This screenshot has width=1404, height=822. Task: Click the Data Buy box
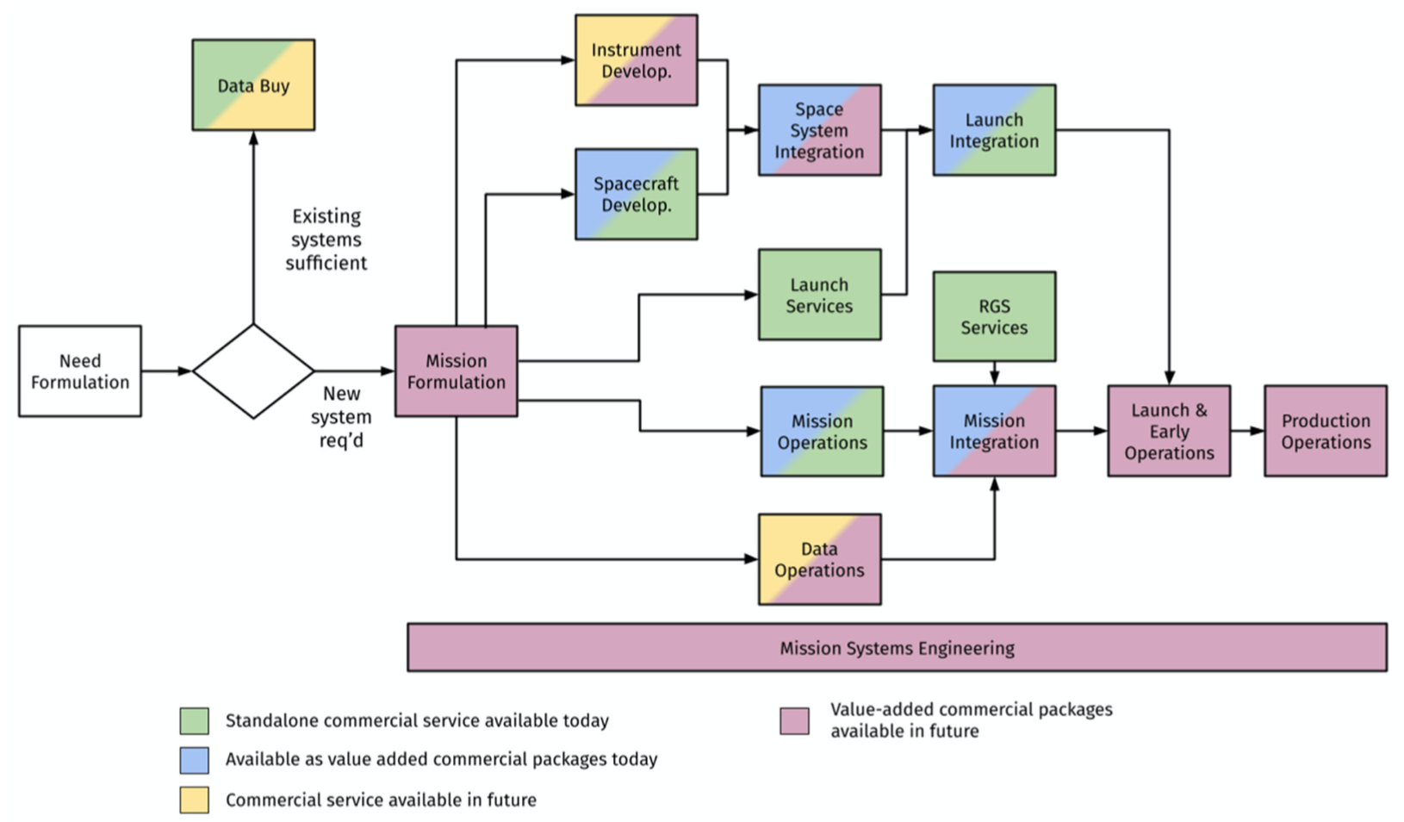click(x=253, y=85)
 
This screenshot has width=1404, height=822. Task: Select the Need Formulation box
click(x=80, y=371)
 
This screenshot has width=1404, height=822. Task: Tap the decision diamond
click(x=253, y=371)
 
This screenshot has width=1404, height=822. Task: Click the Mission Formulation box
click(x=457, y=371)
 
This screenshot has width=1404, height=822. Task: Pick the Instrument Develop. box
click(x=637, y=60)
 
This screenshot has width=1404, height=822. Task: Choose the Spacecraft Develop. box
click(x=637, y=195)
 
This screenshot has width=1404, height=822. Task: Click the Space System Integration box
click(x=819, y=130)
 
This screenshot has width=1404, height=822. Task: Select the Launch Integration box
click(x=994, y=130)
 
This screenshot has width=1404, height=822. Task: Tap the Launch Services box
click(x=819, y=295)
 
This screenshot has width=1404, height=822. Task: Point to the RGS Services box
click(x=994, y=316)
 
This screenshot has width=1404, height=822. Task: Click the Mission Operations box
click(x=823, y=432)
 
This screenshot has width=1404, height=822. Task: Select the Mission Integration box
click(x=994, y=432)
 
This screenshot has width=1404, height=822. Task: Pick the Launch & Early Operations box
click(x=1169, y=432)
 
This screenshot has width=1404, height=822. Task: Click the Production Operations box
click(x=1326, y=432)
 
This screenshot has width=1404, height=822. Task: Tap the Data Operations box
click(x=819, y=559)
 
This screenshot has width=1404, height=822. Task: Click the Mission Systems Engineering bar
click(x=897, y=647)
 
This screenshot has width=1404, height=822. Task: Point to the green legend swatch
click(x=195, y=721)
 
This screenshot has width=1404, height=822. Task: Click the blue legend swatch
click(x=195, y=760)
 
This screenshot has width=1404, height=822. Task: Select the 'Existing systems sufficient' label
click(x=326, y=240)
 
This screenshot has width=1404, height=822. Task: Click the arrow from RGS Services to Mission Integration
click(x=994, y=374)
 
